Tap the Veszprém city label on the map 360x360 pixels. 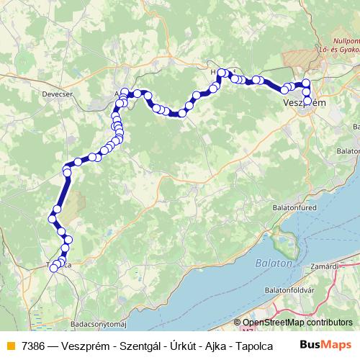tap(305, 103)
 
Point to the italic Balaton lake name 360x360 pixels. tap(273, 264)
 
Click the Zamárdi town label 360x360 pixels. tap(343, 266)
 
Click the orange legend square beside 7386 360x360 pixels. tap(9, 346)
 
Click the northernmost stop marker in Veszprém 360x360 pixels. tap(306, 83)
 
